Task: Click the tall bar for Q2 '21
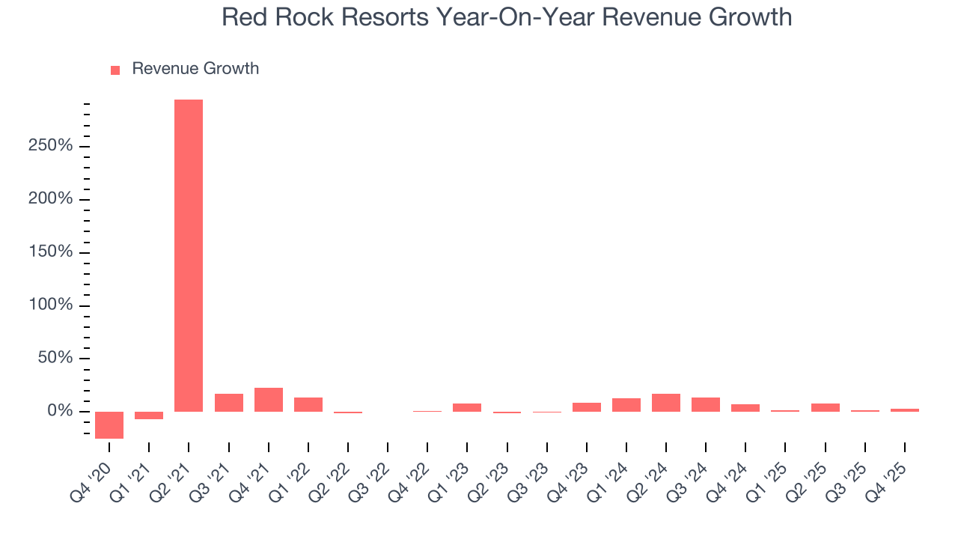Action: point(189,255)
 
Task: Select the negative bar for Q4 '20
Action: point(109,424)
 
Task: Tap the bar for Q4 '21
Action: point(269,400)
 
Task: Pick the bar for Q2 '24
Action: point(666,403)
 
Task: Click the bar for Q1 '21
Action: point(149,415)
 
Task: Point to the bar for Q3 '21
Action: point(229,403)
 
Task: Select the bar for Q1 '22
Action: point(308,404)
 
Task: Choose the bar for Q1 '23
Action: point(467,407)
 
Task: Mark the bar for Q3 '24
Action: point(706,404)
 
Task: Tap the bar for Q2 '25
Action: point(825,407)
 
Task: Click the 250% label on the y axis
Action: point(51,146)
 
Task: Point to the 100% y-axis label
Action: point(51,305)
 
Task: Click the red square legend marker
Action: point(115,70)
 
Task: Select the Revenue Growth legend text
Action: point(195,69)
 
